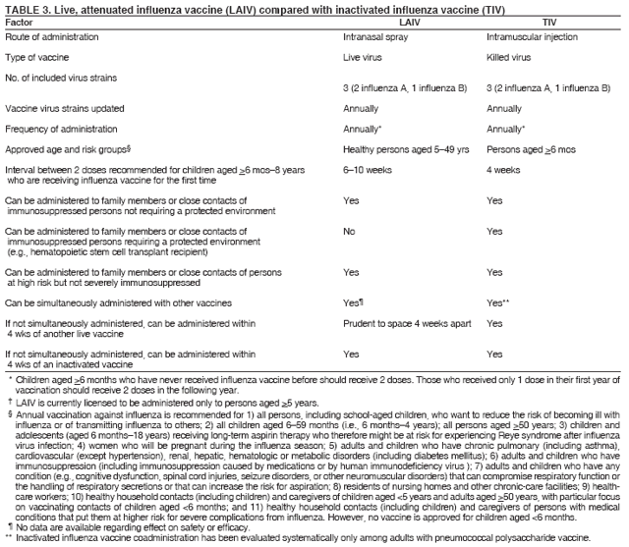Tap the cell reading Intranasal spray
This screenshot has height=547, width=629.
click(375, 36)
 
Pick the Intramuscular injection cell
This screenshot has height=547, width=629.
click(532, 36)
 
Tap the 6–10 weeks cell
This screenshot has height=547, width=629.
click(365, 170)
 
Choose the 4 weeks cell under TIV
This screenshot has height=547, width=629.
click(503, 170)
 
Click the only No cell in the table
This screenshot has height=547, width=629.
click(349, 232)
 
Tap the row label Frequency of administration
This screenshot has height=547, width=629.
click(60, 129)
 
